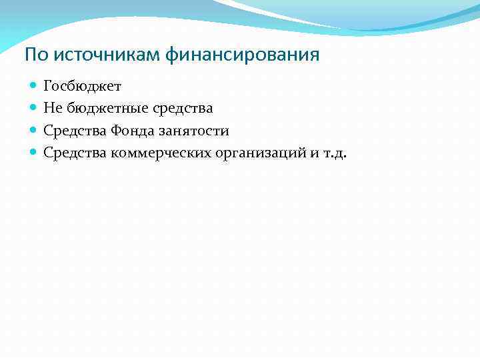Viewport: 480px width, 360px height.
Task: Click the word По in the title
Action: coord(35,54)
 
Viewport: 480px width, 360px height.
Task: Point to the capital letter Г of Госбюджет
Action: coord(47,86)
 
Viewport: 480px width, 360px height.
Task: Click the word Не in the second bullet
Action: coord(52,108)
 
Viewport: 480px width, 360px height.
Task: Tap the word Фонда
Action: coord(130,131)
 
